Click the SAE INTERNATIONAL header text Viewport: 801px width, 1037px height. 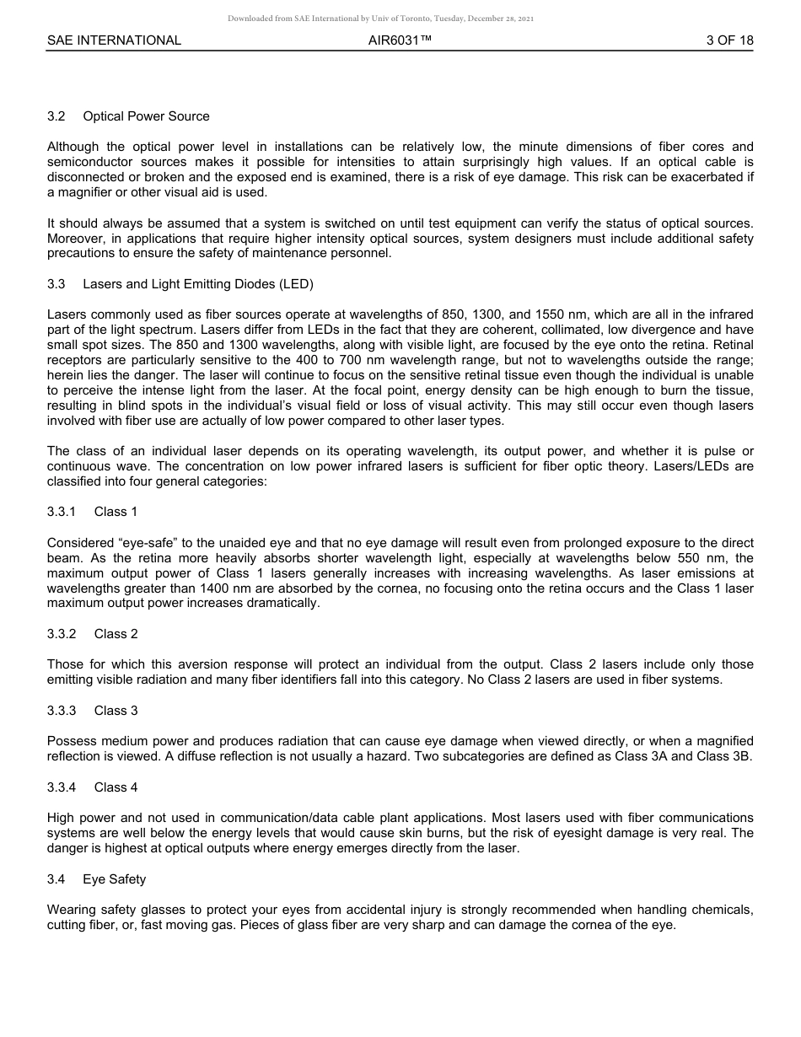point(114,40)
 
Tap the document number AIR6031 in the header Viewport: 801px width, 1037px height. point(400,40)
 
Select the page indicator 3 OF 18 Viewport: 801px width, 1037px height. point(730,40)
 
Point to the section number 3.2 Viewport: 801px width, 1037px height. point(56,116)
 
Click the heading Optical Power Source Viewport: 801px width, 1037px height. point(146,116)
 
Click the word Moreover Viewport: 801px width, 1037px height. point(75,239)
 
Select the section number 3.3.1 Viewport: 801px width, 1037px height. point(62,512)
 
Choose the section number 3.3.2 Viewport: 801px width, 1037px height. point(62,634)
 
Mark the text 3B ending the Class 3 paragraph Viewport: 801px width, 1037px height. point(741,757)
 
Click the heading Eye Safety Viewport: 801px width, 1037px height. point(114,879)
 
